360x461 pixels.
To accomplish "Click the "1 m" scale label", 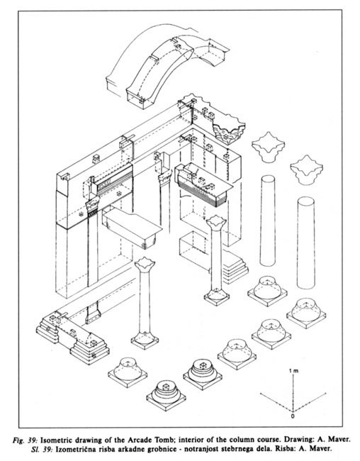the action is [x=293, y=371].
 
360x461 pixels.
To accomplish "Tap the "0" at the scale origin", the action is [x=293, y=416].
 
